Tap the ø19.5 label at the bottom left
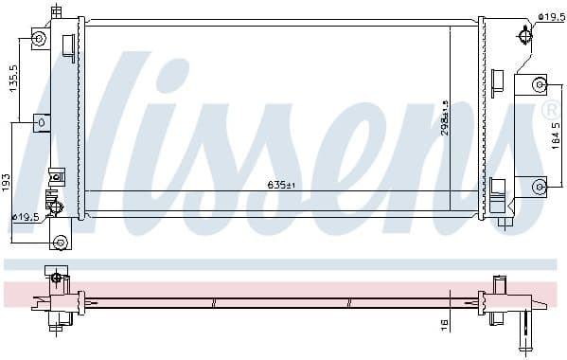(25, 218)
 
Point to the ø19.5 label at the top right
(551, 16)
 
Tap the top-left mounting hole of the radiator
(39, 39)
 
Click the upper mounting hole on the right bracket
(540, 84)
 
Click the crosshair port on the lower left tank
(53, 203)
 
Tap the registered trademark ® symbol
(550, 112)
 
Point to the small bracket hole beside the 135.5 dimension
(40, 122)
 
